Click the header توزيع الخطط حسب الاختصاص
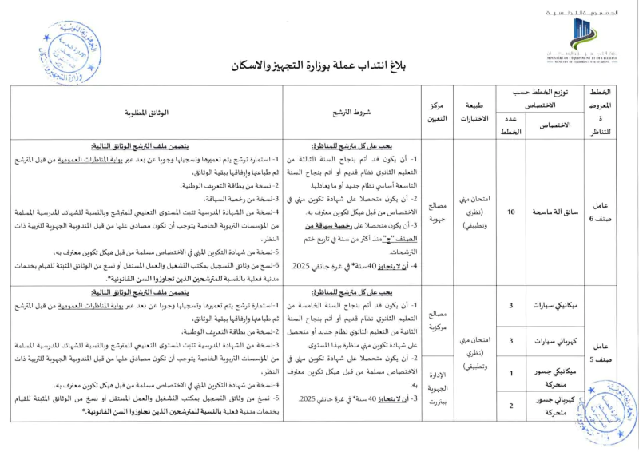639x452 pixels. [x=543, y=98]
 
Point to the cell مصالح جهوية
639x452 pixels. [x=438, y=212]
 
